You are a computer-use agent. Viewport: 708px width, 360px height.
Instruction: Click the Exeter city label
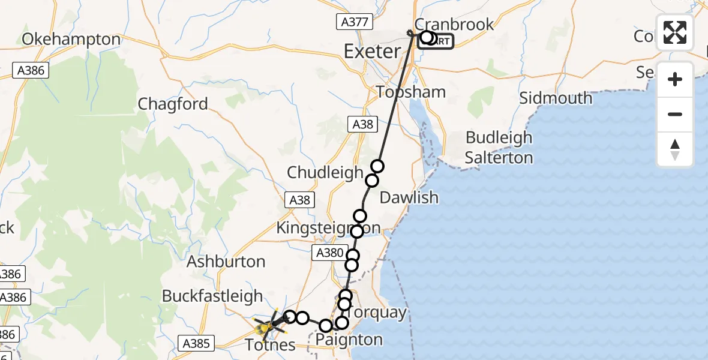(372, 51)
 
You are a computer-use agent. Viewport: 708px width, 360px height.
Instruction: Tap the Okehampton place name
(71, 40)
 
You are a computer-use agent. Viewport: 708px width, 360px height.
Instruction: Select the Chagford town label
(173, 104)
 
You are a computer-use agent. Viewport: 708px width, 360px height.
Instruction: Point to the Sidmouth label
(556, 98)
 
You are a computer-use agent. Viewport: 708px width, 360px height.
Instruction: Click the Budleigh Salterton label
(499, 148)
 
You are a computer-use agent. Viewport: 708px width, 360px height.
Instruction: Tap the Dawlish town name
(409, 197)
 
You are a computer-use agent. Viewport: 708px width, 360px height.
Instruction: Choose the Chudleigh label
(325, 173)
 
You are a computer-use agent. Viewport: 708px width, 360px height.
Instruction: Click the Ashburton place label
(226, 262)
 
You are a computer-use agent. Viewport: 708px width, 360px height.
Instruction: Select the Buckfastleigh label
(212, 296)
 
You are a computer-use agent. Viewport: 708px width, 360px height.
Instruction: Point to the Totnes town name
(270, 344)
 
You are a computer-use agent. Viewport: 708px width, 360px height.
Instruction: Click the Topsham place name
(411, 92)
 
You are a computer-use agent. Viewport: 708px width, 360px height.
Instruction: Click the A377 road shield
(349, 22)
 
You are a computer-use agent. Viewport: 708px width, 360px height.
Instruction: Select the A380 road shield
(329, 254)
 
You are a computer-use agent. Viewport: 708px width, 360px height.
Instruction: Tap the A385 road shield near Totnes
(196, 343)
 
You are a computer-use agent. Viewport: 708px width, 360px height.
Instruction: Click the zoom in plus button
(675, 79)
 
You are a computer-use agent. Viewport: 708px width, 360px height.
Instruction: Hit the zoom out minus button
(675, 114)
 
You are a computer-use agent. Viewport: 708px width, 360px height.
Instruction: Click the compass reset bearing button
(675, 149)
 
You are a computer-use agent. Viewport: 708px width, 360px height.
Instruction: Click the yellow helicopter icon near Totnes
(268, 326)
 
